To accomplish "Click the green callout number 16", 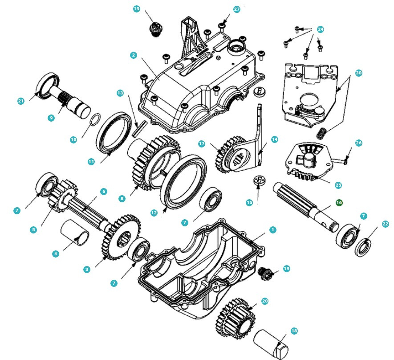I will point(339,203).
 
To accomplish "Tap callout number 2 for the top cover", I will point(134,55).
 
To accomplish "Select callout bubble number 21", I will point(20,101).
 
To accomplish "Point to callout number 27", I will point(237,9).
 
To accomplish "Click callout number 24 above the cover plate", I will point(320,29).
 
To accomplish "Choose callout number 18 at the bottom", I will point(294,331).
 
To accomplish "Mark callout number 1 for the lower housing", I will point(273,230).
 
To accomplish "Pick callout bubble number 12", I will point(154,213).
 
